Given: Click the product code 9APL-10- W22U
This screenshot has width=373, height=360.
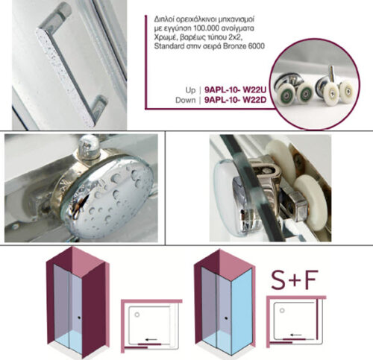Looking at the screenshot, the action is coord(235,89).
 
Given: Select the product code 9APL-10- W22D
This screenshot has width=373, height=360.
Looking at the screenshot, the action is coord(235,100).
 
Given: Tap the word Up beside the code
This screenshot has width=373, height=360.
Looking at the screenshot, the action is coord(190,90).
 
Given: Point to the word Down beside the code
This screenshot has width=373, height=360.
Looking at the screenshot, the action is coord(186,100).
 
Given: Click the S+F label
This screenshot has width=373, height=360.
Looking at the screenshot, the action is coord(295,280).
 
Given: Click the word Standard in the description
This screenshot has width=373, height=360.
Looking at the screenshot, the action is coord(169,46).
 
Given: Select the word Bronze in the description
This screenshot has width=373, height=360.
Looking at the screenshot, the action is coord(234,46).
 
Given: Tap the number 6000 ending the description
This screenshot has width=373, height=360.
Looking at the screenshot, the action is coord(256,46).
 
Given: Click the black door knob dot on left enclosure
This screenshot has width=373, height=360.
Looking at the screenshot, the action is coord(79,318).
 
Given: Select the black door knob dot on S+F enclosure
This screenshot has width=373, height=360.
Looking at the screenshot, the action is coord(226,318).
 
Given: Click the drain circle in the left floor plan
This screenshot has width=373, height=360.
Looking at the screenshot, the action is coord(137,315).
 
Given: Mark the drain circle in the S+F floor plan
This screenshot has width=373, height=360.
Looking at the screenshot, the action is coord(282,310).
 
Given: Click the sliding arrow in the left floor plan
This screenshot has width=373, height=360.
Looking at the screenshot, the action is coord(151,339).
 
